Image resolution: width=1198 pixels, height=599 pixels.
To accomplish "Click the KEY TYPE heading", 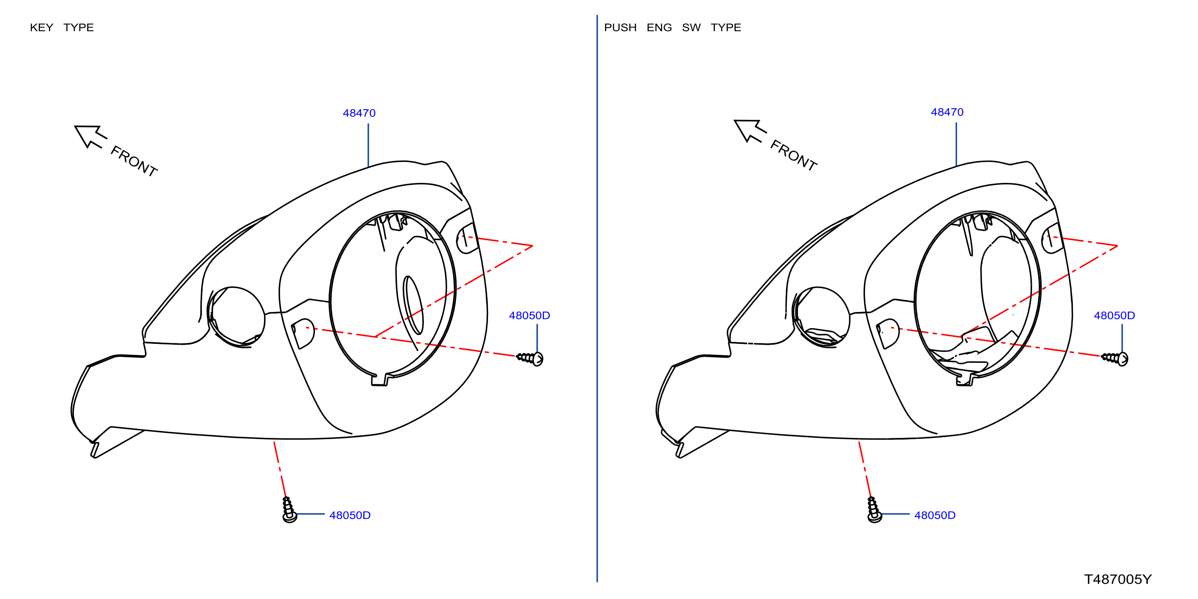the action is pos(62,27).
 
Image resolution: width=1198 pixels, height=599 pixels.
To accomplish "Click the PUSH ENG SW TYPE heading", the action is pos(672,27).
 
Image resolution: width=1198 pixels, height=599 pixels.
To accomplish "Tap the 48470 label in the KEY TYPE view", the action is pos(359,113).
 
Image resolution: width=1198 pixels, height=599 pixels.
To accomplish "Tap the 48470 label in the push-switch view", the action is pos(947,112).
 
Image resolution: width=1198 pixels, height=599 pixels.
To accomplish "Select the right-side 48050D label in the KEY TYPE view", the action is pos(529,315).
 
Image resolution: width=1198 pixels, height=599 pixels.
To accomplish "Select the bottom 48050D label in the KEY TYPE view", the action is pos(350,515).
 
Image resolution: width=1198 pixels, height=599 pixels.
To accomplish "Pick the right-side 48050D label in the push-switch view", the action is pos(1114,315).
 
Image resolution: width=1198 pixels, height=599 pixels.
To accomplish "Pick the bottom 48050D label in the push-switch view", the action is pos(935,515).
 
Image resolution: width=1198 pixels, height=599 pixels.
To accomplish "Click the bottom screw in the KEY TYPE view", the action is pos(289,510).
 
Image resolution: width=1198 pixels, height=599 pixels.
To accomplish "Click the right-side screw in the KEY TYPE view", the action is pos(530,358).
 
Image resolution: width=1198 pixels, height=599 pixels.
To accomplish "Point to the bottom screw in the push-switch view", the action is pos(874,510).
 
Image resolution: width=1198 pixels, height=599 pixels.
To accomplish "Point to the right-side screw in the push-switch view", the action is pos(1115,358).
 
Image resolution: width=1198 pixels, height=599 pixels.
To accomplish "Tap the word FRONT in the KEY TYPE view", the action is pos(134,161).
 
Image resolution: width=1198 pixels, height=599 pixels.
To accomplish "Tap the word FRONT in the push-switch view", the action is pos(794,155).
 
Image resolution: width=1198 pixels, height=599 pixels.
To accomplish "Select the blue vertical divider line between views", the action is pos(597,299).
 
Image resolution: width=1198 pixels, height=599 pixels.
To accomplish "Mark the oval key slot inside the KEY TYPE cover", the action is pos(413,305).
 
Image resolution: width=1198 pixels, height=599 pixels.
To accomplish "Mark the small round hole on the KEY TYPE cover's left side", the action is pos(237,316).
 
